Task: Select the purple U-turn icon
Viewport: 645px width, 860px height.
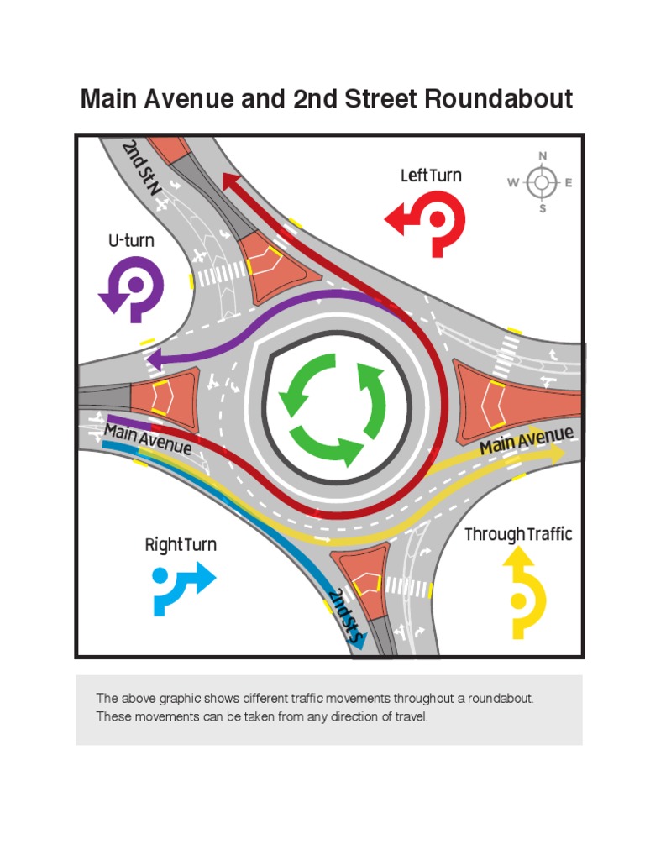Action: pyautogui.click(x=133, y=288)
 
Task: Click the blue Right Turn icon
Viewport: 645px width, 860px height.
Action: pyautogui.click(x=182, y=588)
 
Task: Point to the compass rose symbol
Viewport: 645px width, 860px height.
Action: pyautogui.click(x=543, y=182)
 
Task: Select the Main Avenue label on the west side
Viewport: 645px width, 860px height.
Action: pyautogui.click(x=148, y=439)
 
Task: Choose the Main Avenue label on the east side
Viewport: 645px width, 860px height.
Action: pyautogui.click(x=527, y=440)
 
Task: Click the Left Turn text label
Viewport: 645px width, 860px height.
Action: pyautogui.click(x=431, y=176)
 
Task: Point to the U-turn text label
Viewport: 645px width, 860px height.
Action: pyautogui.click(x=131, y=241)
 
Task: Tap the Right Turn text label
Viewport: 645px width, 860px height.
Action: pyautogui.click(x=181, y=545)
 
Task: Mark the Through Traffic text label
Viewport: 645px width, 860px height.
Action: pyautogui.click(x=518, y=534)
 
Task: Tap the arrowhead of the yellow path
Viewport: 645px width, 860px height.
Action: pyautogui.click(x=557, y=452)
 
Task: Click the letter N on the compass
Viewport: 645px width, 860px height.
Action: pyautogui.click(x=543, y=156)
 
